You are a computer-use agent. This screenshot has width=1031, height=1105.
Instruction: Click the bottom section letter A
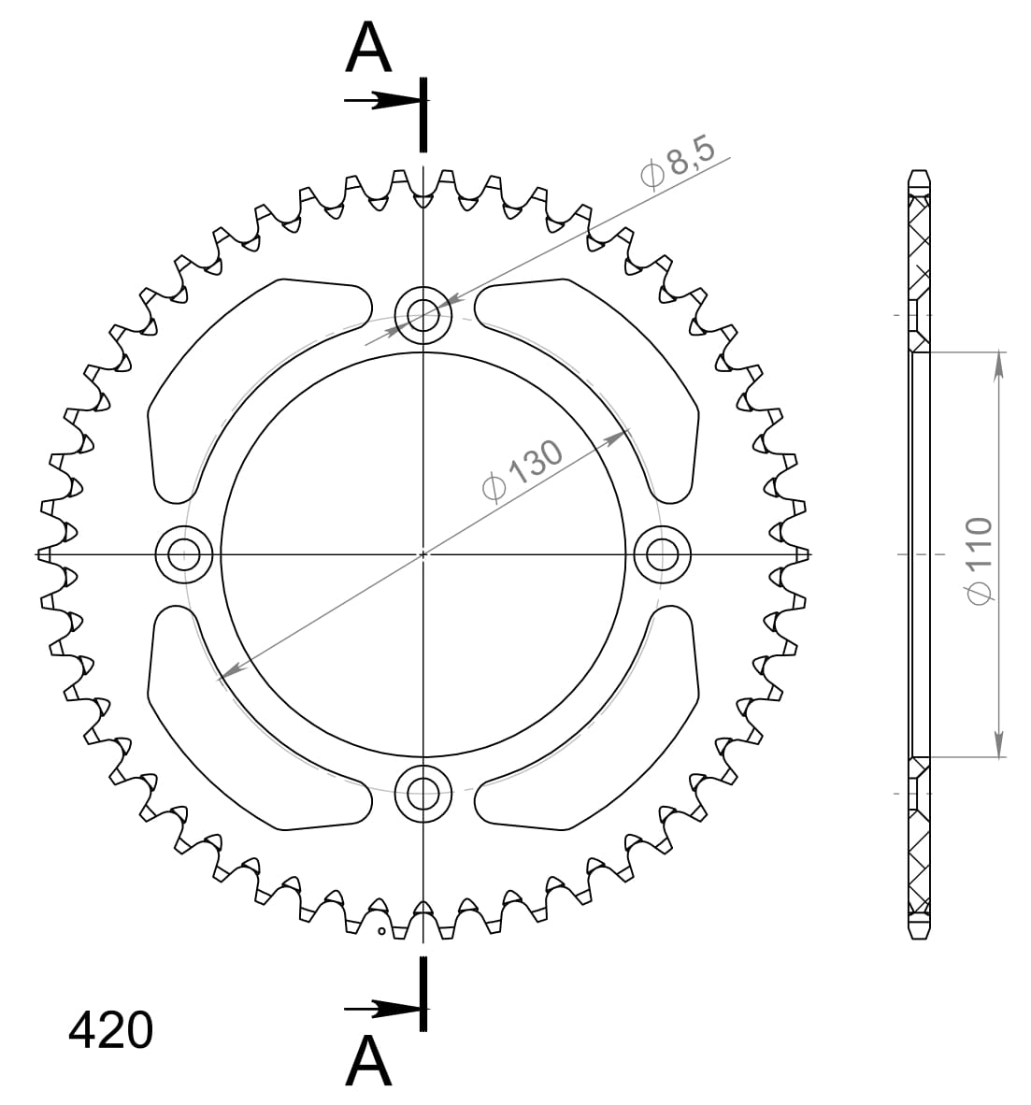click(x=368, y=1061)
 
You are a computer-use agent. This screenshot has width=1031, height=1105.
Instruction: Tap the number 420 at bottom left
click(x=110, y=1030)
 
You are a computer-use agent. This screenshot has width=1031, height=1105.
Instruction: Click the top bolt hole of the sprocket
click(x=423, y=314)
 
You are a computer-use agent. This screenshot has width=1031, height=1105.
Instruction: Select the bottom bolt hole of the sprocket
click(x=423, y=793)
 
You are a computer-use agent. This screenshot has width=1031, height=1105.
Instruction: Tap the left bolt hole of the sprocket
click(x=184, y=554)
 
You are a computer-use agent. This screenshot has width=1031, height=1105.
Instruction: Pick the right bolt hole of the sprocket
click(x=663, y=554)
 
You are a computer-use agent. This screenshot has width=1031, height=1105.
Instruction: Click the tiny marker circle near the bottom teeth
click(x=381, y=931)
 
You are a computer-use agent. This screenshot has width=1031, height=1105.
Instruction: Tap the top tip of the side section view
click(x=920, y=173)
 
